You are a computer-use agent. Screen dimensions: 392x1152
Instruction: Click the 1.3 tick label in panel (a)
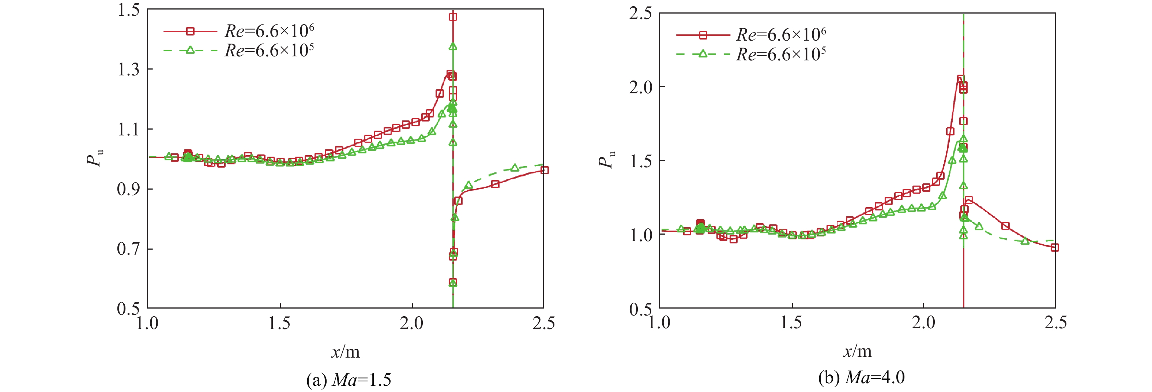click(x=128, y=70)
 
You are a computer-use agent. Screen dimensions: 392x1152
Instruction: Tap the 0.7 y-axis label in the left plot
click(x=128, y=249)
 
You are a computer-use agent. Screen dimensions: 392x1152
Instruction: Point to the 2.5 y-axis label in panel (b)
click(x=640, y=14)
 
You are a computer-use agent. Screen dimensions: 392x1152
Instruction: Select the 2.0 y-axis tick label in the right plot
click(x=640, y=87)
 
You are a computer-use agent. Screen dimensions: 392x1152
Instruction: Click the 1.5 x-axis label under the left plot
click(x=279, y=323)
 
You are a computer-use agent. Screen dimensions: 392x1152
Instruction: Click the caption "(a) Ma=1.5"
click(x=349, y=380)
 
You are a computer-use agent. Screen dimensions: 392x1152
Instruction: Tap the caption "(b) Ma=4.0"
click(x=861, y=378)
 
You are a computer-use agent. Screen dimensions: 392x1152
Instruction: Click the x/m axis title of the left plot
click(x=345, y=352)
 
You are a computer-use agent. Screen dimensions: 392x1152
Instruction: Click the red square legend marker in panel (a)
click(x=190, y=31)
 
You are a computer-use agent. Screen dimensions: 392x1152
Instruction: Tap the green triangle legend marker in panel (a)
click(x=190, y=50)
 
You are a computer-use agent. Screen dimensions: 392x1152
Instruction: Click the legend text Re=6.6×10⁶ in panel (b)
click(x=781, y=34)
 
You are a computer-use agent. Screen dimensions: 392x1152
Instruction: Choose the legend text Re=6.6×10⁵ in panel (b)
click(x=781, y=54)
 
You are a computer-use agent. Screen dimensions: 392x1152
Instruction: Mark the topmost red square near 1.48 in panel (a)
click(x=453, y=17)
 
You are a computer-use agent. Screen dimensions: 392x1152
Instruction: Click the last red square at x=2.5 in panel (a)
click(x=544, y=171)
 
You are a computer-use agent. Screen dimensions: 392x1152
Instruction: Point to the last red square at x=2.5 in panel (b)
click(x=1054, y=247)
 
